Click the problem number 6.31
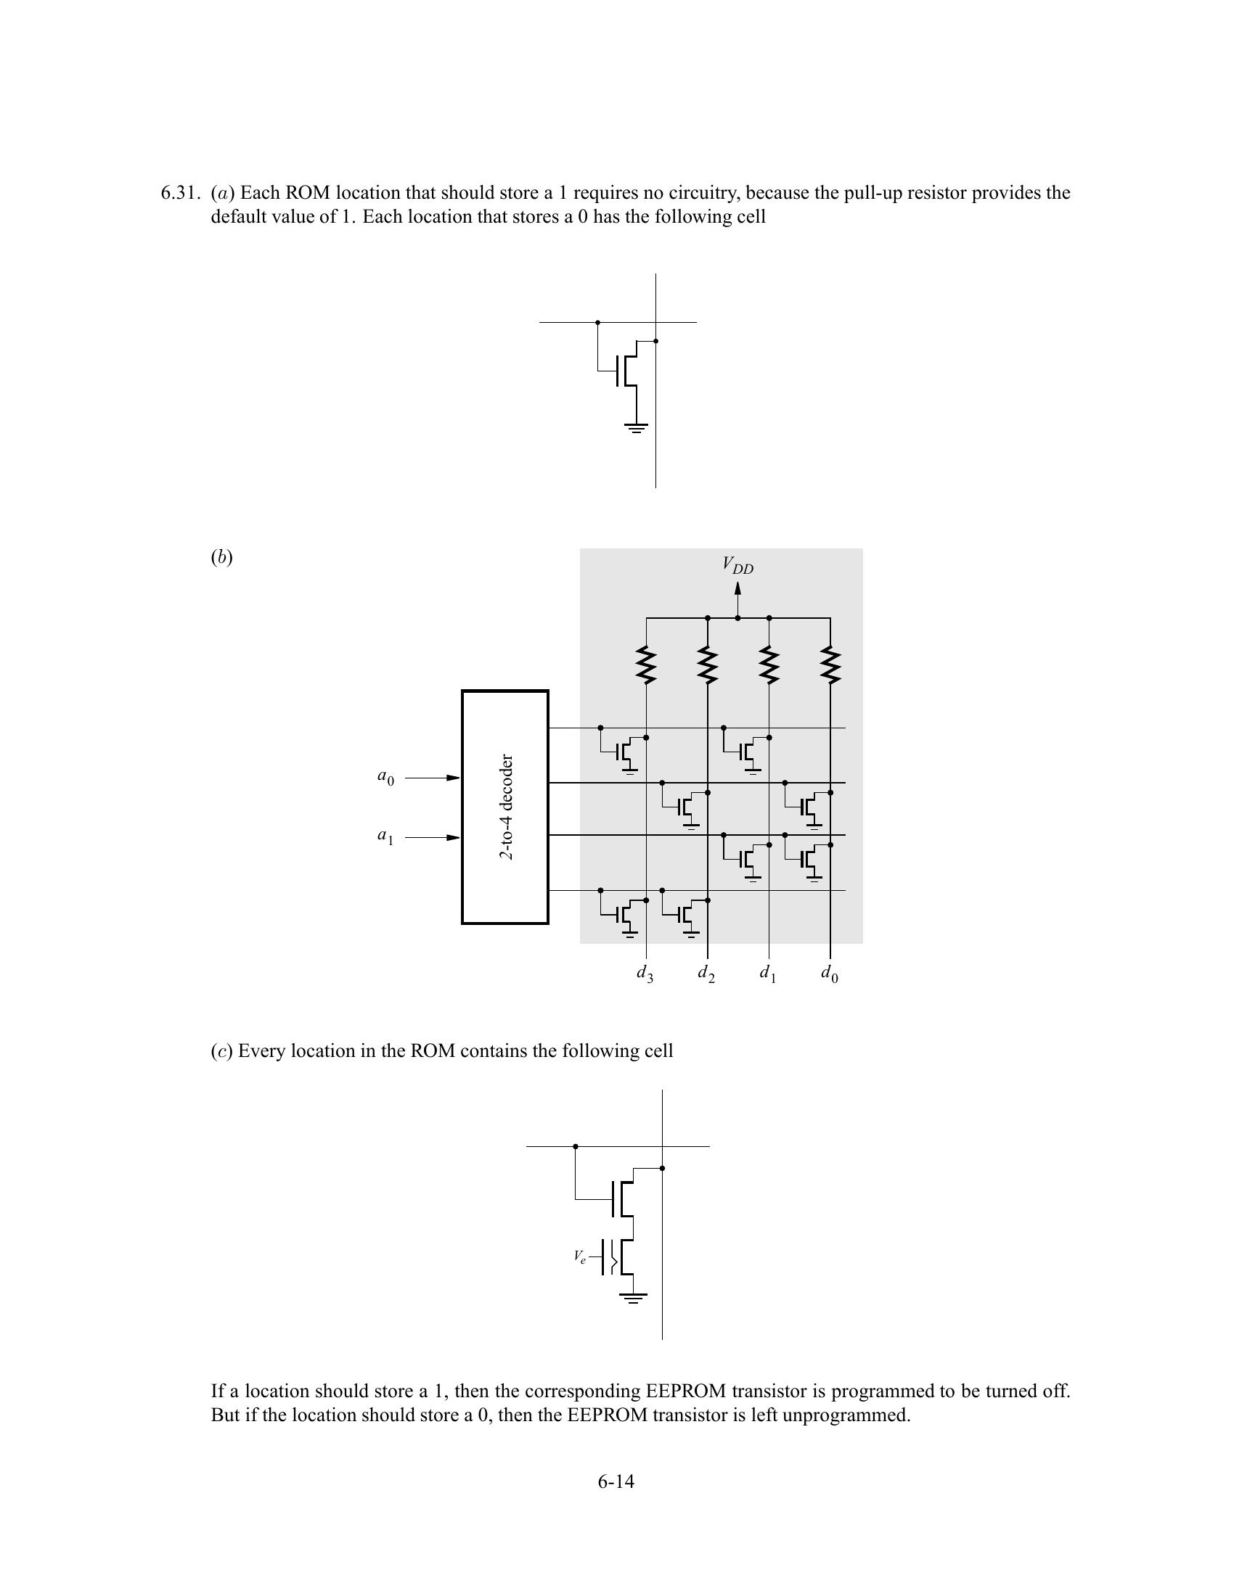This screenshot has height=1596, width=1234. pos(179,193)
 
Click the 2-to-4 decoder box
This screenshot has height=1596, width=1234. pos(505,807)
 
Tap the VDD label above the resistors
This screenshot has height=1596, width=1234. pos(737,565)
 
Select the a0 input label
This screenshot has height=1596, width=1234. pos(385,777)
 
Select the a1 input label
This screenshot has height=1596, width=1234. pos(385,836)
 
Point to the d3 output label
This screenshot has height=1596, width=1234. pos(645,974)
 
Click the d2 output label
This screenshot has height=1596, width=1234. pos(706,974)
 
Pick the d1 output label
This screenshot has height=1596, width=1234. pos(767,974)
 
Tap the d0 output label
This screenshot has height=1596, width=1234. pos(829,974)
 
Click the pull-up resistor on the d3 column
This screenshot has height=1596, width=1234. pos(646,665)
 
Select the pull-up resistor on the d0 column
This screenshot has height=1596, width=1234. pos(830,665)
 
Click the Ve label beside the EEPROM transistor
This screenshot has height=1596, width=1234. pos(580,1257)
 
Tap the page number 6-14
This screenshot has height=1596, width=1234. pos(616,1481)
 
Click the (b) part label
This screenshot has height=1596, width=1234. pos(221,558)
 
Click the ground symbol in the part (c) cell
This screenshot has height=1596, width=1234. pos(633,1299)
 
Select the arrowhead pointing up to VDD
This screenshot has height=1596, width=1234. pos(737,588)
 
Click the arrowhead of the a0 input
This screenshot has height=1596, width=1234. pos(453,778)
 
